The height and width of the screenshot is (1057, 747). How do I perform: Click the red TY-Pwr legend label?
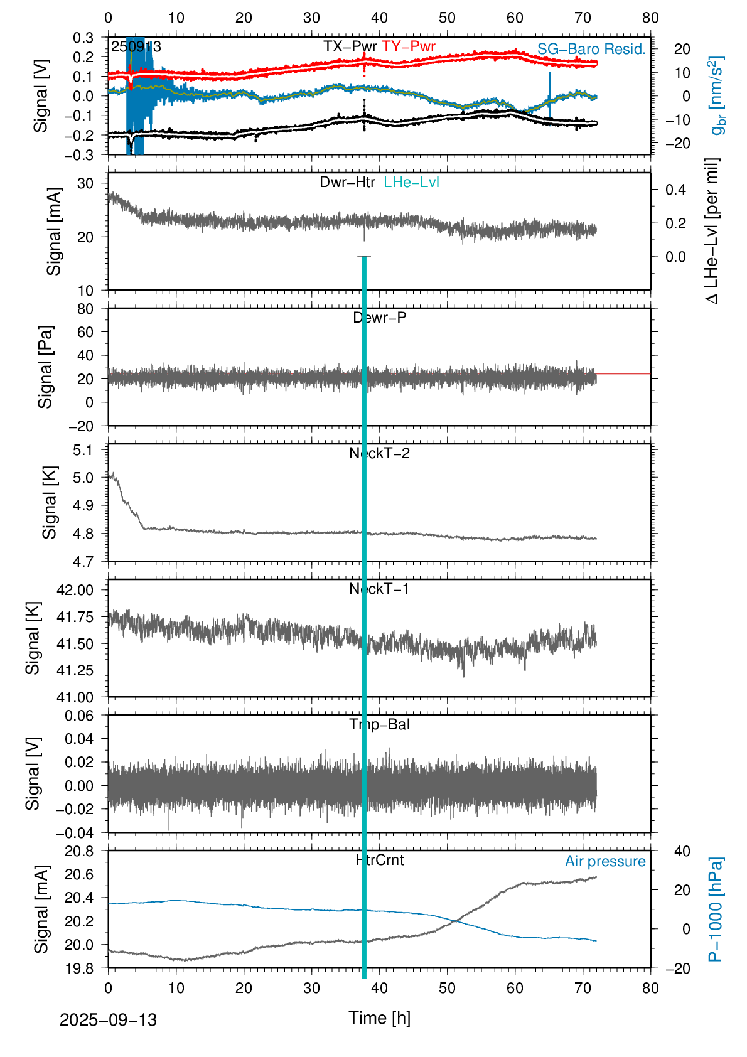[408, 46]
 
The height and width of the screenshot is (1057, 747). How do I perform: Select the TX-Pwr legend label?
[350, 46]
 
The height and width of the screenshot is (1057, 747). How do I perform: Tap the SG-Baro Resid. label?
[591, 49]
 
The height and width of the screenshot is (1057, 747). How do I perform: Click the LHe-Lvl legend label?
[411, 182]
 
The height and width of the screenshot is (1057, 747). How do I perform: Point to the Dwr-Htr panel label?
[347, 182]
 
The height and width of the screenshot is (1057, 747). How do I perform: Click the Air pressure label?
[605, 861]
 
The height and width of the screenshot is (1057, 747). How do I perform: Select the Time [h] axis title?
[379, 1018]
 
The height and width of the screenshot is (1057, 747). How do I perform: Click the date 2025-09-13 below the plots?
[108, 1020]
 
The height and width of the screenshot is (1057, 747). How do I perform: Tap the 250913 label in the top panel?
[136, 47]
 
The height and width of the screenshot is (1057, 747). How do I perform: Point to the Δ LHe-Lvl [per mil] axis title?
[712, 231]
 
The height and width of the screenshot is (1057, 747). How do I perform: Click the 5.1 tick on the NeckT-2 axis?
[83, 449]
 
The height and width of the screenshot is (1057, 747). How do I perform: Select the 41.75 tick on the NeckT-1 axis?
[75, 617]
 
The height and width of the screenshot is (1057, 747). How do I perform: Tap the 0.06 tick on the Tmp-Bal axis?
[79, 716]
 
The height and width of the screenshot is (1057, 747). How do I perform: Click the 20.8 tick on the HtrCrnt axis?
[79, 851]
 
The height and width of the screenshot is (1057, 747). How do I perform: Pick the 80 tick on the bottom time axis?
[650, 988]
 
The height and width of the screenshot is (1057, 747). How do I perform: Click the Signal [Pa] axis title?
[45, 367]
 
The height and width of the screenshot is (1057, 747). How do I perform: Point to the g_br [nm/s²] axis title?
[717, 95]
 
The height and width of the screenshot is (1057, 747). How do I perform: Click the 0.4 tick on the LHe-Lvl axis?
[675, 190]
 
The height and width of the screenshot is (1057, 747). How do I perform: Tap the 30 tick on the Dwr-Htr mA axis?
[85, 183]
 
